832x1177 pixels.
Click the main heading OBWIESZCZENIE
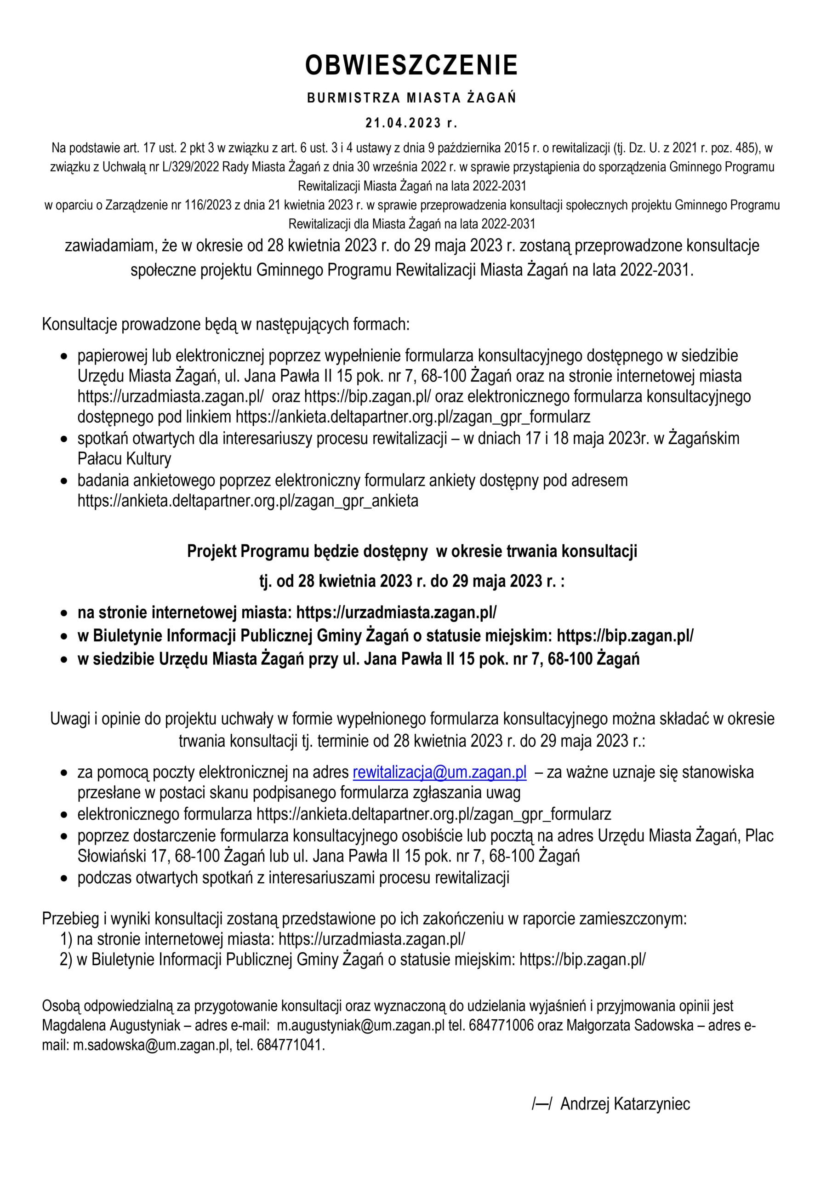412,66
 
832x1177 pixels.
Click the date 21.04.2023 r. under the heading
411,123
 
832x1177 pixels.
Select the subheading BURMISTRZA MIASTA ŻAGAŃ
412,97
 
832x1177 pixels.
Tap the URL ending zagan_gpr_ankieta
248,500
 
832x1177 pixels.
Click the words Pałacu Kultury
125,458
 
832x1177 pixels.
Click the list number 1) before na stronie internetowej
66,939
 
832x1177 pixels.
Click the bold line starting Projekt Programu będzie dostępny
412,551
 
